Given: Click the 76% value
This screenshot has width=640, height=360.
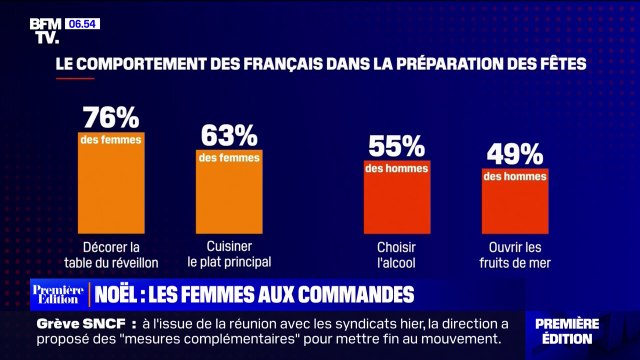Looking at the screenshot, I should point(111,115).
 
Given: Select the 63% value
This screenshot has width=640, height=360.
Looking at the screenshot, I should point(229,134).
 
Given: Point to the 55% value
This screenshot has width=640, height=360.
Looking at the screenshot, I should point(397,146).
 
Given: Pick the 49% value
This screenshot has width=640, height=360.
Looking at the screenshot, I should point(515,154).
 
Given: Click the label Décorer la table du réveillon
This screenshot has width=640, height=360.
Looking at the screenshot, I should point(111,255).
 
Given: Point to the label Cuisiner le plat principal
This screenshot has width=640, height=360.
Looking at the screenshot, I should point(229,255).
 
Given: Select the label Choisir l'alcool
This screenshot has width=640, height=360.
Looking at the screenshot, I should point(397,255).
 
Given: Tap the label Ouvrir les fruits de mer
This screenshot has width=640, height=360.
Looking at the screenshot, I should point(515,255).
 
